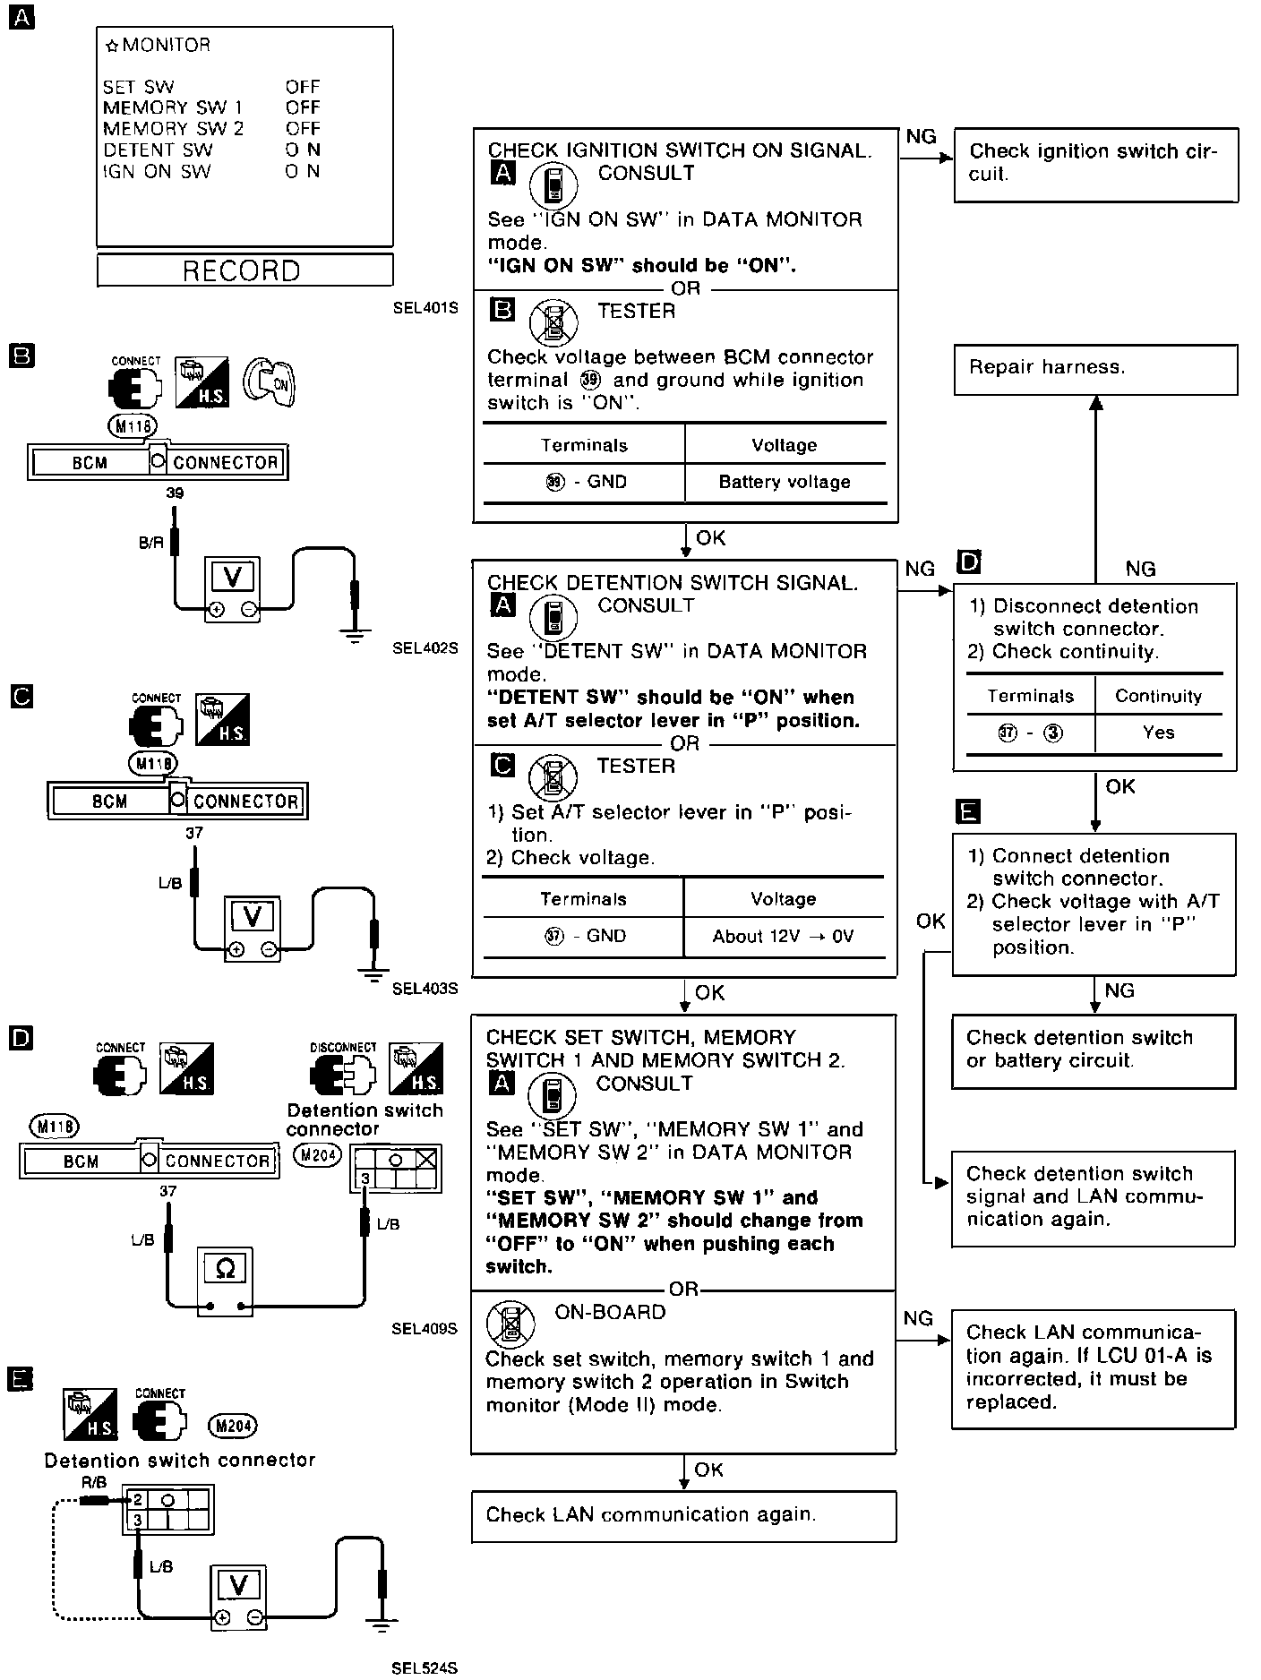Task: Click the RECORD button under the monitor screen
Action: tap(244, 270)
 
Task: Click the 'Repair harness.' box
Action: tap(1095, 369)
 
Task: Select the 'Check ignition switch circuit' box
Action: tap(1095, 164)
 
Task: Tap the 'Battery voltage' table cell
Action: tap(785, 482)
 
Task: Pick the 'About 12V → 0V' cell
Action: tap(784, 936)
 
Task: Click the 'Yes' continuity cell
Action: tap(1158, 733)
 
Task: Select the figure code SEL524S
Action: tap(425, 1667)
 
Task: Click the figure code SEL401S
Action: tap(425, 308)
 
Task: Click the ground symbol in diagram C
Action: tap(375, 971)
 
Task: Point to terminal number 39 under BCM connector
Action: tap(175, 493)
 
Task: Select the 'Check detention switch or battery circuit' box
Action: tap(1094, 1050)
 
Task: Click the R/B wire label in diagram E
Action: tap(94, 1482)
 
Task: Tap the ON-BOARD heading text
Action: tap(610, 1312)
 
